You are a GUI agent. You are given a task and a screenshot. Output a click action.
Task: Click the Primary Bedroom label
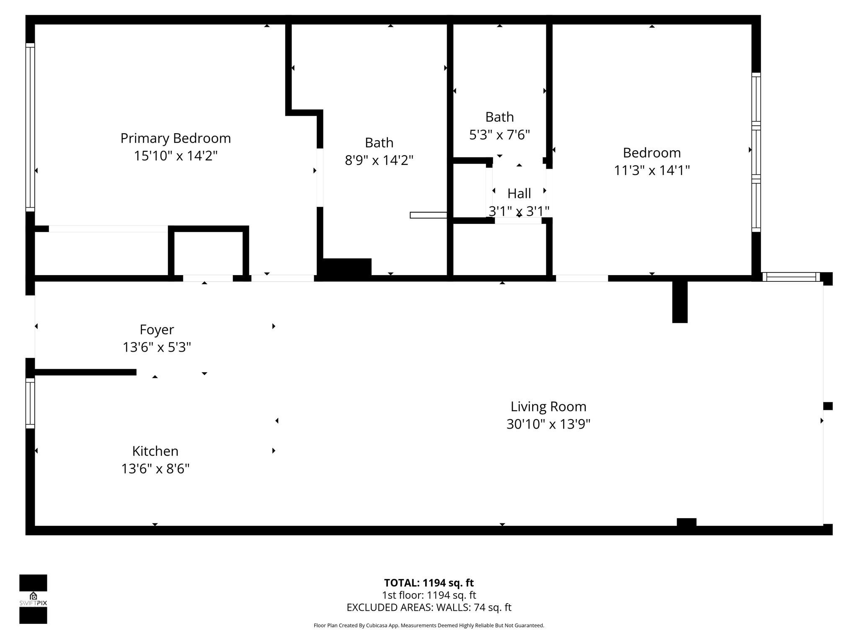point(176,138)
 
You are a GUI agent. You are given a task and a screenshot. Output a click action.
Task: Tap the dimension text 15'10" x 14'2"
point(176,156)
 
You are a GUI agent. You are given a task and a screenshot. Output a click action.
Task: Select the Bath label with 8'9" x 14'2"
point(379,143)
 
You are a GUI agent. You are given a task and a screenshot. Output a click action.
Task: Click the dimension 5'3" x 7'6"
point(499,135)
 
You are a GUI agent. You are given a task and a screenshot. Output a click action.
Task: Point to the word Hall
point(519,193)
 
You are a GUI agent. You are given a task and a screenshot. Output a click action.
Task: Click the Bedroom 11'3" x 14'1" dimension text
point(651,170)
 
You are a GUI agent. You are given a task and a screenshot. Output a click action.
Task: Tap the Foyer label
point(157,330)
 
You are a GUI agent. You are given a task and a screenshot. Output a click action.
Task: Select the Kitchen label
point(155,451)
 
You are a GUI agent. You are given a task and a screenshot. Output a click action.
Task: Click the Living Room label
point(548,406)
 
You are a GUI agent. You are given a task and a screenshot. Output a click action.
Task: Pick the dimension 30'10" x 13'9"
point(548,424)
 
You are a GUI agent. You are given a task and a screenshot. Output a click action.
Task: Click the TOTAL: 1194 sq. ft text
point(429,583)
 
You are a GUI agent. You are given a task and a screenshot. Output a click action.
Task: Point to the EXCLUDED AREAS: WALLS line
point(429,607)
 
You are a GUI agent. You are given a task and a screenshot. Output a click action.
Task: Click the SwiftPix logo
point(33,599)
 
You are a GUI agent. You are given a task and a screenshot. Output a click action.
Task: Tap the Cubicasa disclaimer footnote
point(429,625)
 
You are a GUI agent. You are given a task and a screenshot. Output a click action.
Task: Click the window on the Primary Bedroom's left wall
point(30,128)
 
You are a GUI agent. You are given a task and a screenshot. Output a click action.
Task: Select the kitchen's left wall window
point(30,403)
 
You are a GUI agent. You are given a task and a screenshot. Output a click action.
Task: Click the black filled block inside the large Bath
point(347,267)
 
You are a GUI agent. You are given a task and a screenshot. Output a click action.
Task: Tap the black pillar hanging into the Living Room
point(680,301)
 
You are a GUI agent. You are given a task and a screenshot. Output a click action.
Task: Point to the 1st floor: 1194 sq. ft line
point(429,595)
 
